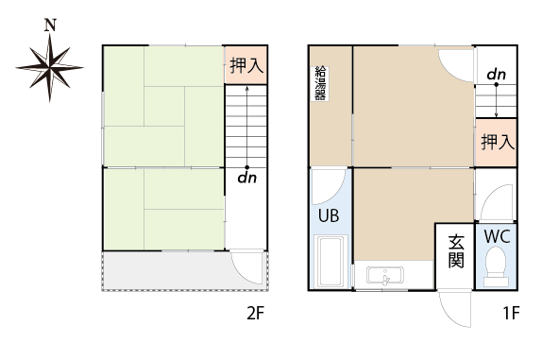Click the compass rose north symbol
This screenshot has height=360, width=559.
[49, 67]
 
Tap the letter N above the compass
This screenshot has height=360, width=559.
[50, 25]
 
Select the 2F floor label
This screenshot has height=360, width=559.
[255, 314]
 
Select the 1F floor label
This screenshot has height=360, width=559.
[511, 314]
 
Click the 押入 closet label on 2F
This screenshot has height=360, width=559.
[246, 65]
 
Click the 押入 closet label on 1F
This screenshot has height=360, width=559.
[498, 142]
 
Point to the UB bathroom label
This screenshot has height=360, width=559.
[329, 215]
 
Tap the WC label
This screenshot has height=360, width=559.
[497, 236]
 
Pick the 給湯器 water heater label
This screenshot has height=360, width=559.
[320, 83]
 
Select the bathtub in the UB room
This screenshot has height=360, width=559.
[331, 262]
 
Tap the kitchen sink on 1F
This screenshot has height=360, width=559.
[385, 276]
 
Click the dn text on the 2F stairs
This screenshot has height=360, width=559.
[247, 178]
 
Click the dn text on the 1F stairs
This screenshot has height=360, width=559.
[497, 75]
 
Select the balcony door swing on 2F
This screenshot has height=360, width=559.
[248, 268]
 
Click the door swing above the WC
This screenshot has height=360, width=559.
[497, 202]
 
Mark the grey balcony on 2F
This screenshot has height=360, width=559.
[185, 271]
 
